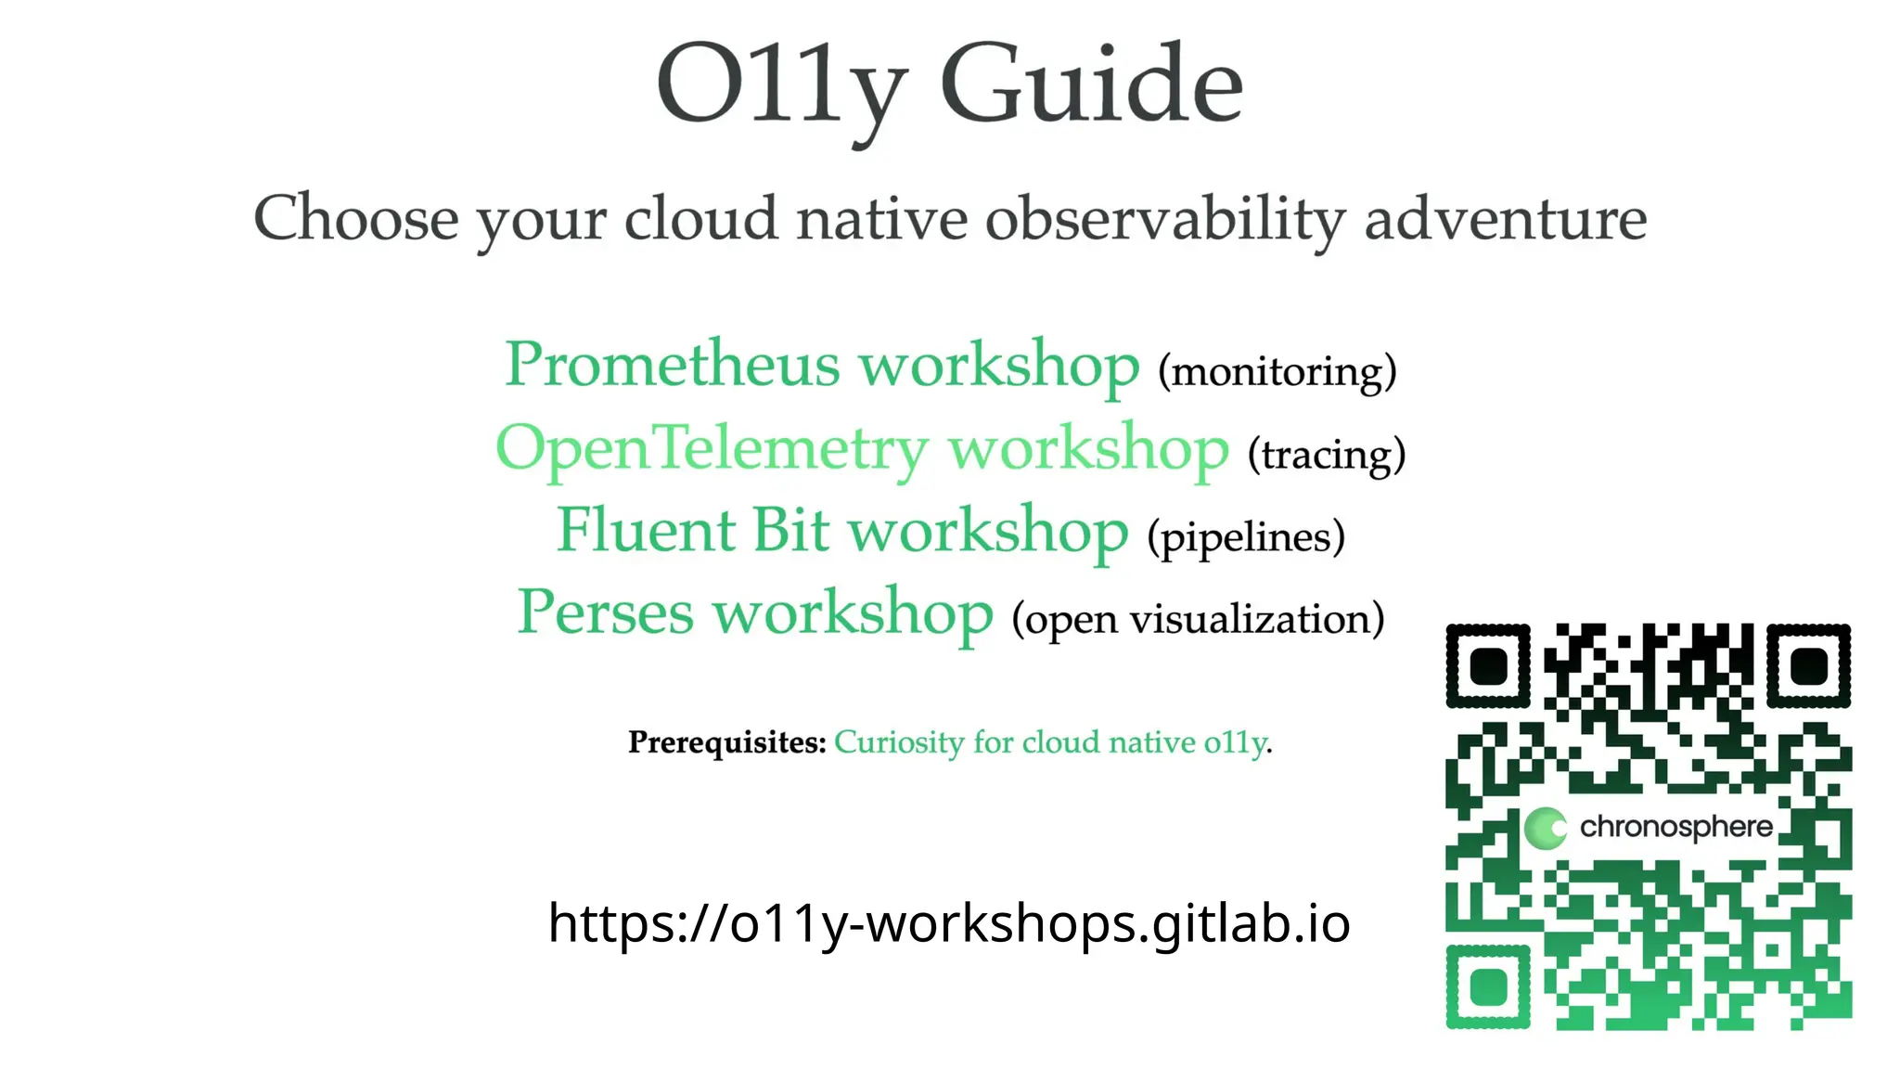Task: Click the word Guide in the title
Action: pyautogui.click(x=1091, y=85)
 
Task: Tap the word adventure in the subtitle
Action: pyautogui.click(x=1505, y=219)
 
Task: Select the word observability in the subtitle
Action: pyautogui.click(x=1164, y=221)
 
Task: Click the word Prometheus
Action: pyautogui.click(x=672, y=364)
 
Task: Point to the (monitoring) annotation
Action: pyautogui.click(x=1277, y=371)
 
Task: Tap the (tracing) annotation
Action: pyautogui.click(x=1326, y=455)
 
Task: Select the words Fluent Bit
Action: pyautogui.click(x=692, y=531)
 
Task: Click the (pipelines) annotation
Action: pyautogui.click(x=1246, y=537)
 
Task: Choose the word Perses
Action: pyautogui.click(x=605, y=613)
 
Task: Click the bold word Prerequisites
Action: pyautogui.click(x=726, y=742)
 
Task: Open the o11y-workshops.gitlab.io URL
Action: pyautogui.click(x=948, y=923)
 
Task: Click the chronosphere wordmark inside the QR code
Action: pyautogui.click(x=1675, y=827)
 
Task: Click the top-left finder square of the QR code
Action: pyautogui.click(x=1488, y=665)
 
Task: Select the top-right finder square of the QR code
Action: pyautogui.click(x=1808, y=665)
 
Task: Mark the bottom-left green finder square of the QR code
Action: pyautogui.click(x=1488, y=986)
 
